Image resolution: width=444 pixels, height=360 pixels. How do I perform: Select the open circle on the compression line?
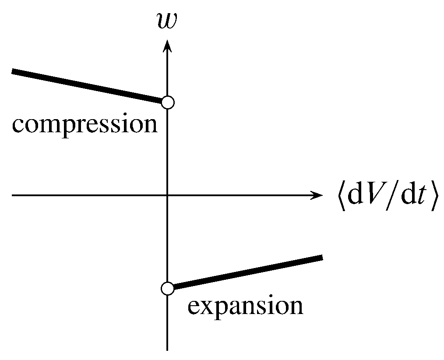point(168,102)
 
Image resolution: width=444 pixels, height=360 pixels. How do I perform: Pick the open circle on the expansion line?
point(168,289)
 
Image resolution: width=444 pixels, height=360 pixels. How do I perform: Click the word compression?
point(85,125)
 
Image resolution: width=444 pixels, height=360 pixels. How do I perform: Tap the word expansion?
point(245,306)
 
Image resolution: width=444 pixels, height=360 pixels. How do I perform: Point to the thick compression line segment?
point(88,86)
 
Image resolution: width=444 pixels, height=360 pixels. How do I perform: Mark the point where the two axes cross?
point(167,195)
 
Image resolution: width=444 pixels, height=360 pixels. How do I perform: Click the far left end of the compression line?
point(13,71)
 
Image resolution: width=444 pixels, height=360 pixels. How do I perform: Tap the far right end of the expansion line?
point(321,258)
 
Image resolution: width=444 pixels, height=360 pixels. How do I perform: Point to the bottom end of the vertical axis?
point(167,349)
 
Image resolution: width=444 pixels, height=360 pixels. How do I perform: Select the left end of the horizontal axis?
point(13,195)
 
